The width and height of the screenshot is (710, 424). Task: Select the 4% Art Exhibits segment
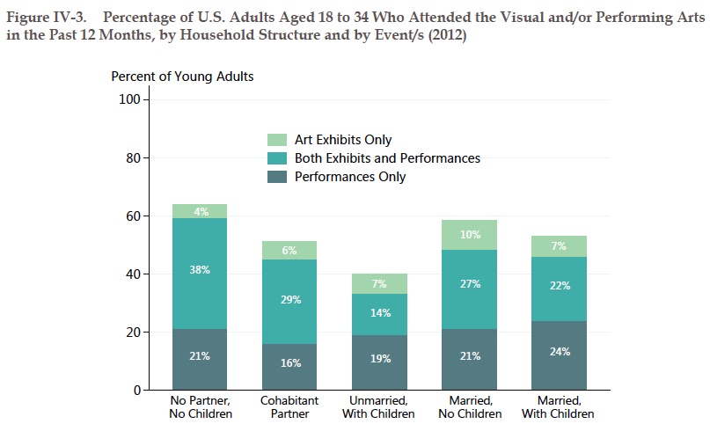coord(200,211)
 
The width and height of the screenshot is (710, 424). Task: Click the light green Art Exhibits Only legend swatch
coord(277,141)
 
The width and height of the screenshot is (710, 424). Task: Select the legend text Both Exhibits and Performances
coord(387,158)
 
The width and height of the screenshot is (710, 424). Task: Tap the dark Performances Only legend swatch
coord(277,177)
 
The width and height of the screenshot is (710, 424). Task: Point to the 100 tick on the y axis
coord(129,100)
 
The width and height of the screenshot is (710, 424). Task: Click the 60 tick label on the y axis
coord(133,216)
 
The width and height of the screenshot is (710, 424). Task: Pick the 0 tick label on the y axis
coord(136,391)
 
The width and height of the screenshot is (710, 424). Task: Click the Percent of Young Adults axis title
coord(182,77)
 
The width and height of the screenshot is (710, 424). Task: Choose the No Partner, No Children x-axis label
coord(200,407)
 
